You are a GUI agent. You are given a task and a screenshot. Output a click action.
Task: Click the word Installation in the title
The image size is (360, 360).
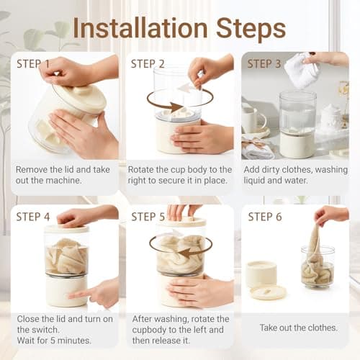tap(140, 28)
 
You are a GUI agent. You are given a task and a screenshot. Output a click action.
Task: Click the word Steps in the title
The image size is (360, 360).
tap(251, 30)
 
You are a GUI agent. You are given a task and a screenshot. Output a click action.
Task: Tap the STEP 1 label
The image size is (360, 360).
tap(33, 64)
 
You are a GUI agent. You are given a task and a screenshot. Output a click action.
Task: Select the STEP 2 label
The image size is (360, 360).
tap(148, 64)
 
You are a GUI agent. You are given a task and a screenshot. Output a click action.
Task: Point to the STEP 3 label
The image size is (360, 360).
tap(264, 64)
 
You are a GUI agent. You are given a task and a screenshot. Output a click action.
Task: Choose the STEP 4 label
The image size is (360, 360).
tap(33, 217)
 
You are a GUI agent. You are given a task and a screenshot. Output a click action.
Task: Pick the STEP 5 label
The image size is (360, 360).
tap(148, 217)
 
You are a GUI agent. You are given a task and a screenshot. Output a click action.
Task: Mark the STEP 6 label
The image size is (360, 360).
tap(265, 217)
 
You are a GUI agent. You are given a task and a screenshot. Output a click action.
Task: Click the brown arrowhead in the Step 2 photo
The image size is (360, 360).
tap(176, 107)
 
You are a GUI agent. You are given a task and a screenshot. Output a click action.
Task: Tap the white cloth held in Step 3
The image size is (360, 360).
tap(302, 70)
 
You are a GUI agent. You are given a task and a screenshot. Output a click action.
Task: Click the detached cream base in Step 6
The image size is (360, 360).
tap(261, 274)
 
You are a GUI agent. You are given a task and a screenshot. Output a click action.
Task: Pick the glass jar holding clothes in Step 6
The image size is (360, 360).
tap(318, 267)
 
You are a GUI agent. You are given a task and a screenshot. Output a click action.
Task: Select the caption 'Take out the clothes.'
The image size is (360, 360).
tap(299, 328)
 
